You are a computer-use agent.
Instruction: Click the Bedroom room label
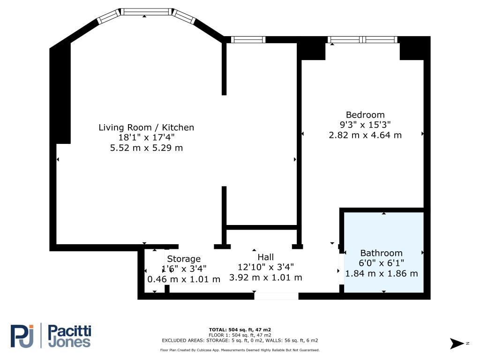[x=365, y=115]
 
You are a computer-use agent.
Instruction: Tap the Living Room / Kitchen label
[x=146, y=127]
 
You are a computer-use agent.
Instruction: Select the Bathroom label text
[x=381, y=253]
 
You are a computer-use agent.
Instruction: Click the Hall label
[x=265, y=257]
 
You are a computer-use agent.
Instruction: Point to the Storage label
[x=184, y=259]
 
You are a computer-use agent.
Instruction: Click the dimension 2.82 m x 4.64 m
[x=365, y=135]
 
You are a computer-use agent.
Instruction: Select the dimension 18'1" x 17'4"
[x=146, y=138]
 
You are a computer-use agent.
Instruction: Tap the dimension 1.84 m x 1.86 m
[x=381, y=274]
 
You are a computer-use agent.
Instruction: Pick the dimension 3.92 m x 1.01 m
[x=265, y=277]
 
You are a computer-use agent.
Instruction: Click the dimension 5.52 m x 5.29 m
[x=146, y=148]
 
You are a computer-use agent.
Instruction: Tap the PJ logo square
[x=22, y=336]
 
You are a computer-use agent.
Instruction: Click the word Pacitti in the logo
[x=70, y=331]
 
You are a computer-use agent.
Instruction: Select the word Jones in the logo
[x=69, y=342]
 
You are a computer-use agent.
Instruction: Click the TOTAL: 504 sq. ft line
[x=240, y=330]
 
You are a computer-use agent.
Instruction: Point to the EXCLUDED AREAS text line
[x=240, y=341]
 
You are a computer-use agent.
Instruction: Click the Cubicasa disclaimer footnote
[x=240, y=350]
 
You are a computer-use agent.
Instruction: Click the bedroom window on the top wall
[x=362, y=40]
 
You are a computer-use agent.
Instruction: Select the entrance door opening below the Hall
[x=276, y=296]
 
